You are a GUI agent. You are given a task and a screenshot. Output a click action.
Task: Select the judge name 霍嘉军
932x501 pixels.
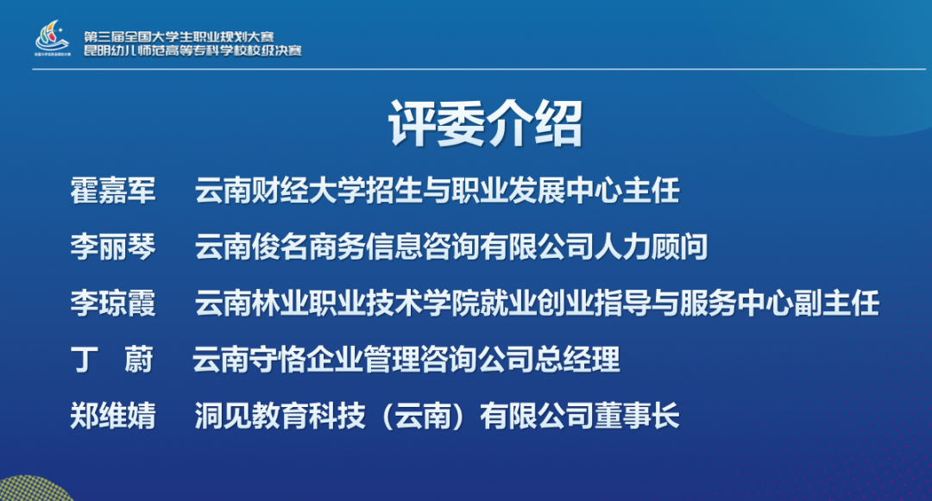pos(113,191)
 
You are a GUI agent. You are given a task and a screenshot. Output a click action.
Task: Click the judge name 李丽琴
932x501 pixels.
pos(113,247)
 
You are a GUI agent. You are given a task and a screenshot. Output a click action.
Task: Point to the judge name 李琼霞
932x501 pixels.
pos(113,304)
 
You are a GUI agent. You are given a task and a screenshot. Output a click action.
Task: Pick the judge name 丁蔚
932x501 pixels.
pos(112,360)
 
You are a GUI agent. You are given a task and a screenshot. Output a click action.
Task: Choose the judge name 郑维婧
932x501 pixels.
pos(113,416)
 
